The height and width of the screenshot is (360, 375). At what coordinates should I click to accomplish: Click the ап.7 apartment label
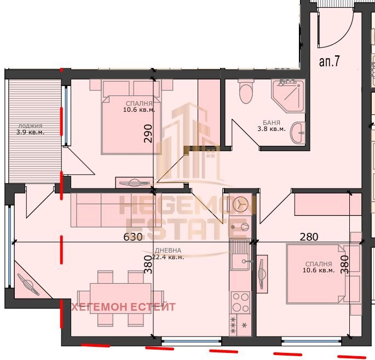(x=330, y=62)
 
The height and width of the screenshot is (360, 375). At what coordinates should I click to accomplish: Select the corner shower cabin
(x=288, y=95)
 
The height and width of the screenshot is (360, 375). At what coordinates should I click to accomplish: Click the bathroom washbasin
(x=297, y=133)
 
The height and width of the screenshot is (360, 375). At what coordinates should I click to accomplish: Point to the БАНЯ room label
(x=272, y=123)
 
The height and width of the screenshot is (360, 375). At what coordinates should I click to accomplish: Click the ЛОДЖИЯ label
(x=30, y=125)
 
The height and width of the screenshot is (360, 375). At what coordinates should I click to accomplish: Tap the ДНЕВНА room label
(x=168, y=250)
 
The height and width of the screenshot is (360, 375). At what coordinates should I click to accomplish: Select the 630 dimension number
(x=133, y=237)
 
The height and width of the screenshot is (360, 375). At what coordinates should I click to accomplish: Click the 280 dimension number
(x=309, y=237)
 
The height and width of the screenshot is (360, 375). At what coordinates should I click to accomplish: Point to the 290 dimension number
(x=148, y=134)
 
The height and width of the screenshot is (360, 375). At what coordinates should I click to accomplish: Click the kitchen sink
(x=241, y=254)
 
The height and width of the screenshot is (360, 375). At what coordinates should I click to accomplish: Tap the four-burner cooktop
(x=240, y=302)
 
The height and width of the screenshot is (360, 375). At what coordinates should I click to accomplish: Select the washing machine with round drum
(x=240, y=204)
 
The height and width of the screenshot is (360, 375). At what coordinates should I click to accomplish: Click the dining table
(x=120, y=299)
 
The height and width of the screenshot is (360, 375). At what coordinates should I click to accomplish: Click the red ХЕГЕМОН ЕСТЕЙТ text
(x=124, y=307)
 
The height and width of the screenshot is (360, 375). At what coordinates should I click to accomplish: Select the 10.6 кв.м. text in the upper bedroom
(x=139, y=110)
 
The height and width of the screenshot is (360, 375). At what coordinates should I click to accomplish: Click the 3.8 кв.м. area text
(x=272, y=129)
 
